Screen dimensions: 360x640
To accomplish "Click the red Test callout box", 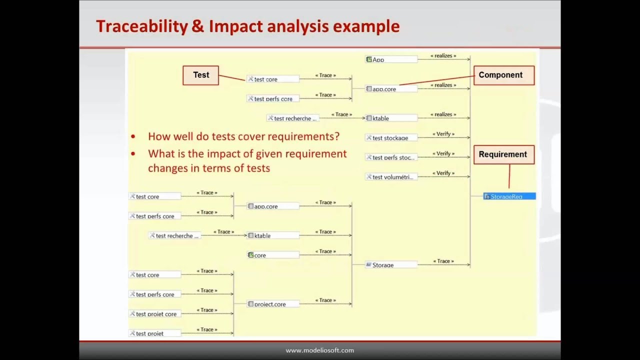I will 200,75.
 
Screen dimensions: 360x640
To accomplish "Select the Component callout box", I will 503,75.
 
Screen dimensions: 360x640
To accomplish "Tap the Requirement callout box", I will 503,154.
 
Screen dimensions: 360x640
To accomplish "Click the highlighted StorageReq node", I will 509,196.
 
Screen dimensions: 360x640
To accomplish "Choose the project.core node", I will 272,304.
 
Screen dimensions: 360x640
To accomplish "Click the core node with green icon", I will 272,255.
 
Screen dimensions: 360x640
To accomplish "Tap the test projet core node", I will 154,314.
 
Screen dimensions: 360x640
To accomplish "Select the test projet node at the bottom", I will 154,333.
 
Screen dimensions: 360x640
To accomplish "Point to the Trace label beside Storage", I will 443,261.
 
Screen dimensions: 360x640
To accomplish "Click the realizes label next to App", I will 443,56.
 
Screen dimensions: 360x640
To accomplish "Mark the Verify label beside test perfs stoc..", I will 443,153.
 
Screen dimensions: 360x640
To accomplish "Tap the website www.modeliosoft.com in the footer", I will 319,350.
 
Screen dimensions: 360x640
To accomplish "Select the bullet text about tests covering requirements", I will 243,136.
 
